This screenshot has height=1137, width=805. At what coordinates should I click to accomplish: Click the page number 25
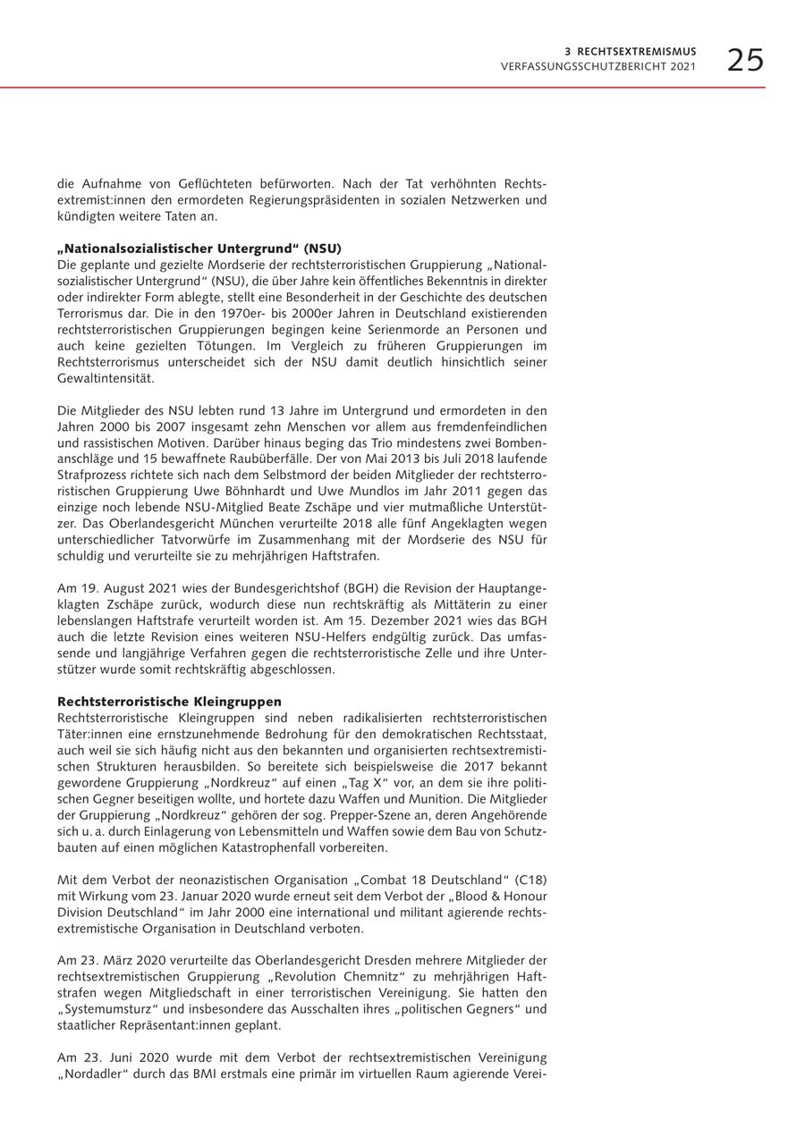[745, 61]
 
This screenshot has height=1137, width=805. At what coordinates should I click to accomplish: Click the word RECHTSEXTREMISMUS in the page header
[637, 52]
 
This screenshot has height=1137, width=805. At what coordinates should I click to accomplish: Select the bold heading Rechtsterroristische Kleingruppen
[169, 702]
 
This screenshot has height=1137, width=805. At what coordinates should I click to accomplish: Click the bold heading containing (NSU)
[199, 248]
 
